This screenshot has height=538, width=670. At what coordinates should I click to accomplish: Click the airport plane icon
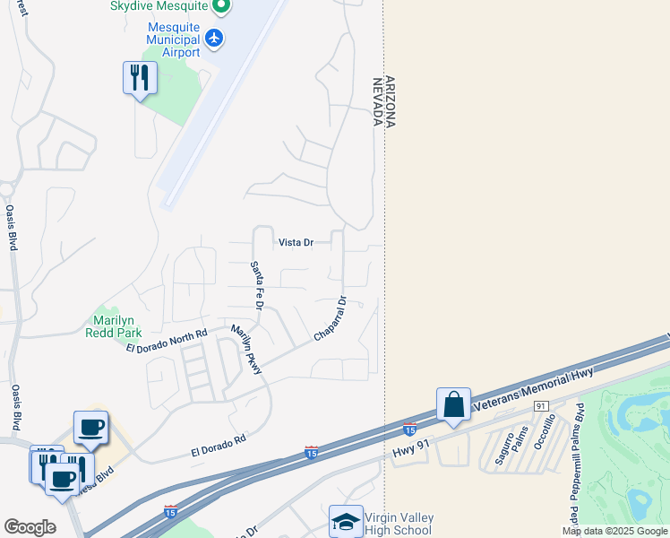(213, 39)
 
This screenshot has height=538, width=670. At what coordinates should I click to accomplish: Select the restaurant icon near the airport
(140, 78)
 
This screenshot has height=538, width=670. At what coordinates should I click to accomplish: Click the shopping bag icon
(454, 404)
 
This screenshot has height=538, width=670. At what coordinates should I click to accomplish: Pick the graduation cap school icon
(347, 523)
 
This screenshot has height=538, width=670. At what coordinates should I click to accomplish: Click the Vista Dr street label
(296, 243)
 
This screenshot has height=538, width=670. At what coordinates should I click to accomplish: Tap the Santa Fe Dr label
(256, 284)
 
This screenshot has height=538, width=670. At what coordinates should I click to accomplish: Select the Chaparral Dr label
(330, 319)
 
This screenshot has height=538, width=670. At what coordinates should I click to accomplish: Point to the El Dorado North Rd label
(167, 340)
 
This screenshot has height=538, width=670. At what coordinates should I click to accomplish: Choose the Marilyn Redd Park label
(111, 326)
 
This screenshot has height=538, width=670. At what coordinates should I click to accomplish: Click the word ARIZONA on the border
(390, 101)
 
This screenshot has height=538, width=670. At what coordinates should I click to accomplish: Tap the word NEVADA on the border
(377, 101)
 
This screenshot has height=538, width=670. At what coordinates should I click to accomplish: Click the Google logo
(30, 527)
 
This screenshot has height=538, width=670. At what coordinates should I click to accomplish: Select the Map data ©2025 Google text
(614, 531)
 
